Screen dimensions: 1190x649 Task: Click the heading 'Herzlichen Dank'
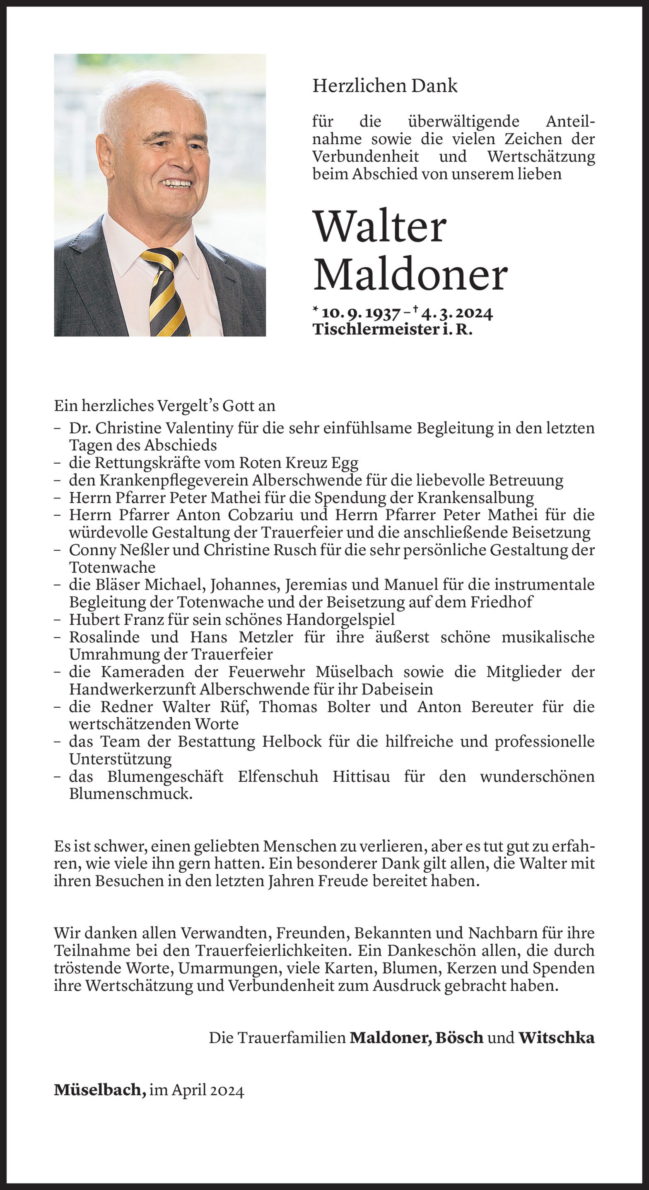click(x=385, y=86)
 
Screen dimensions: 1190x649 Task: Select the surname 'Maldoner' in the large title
click(x=410, y=276)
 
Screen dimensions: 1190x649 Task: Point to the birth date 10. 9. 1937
click(x=361, y=313)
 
